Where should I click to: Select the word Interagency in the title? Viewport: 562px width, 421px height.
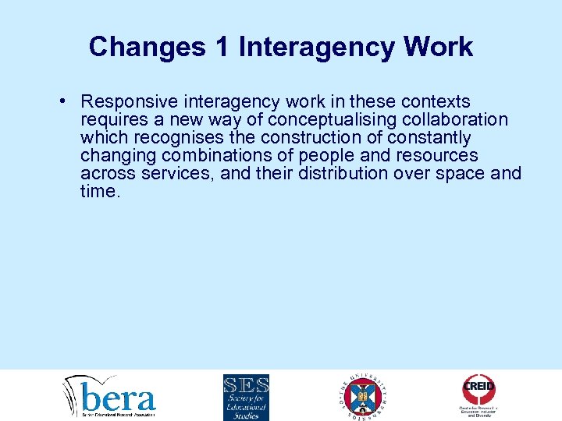tap(317, 47)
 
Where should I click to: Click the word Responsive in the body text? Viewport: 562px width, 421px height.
tap(130, 102)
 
